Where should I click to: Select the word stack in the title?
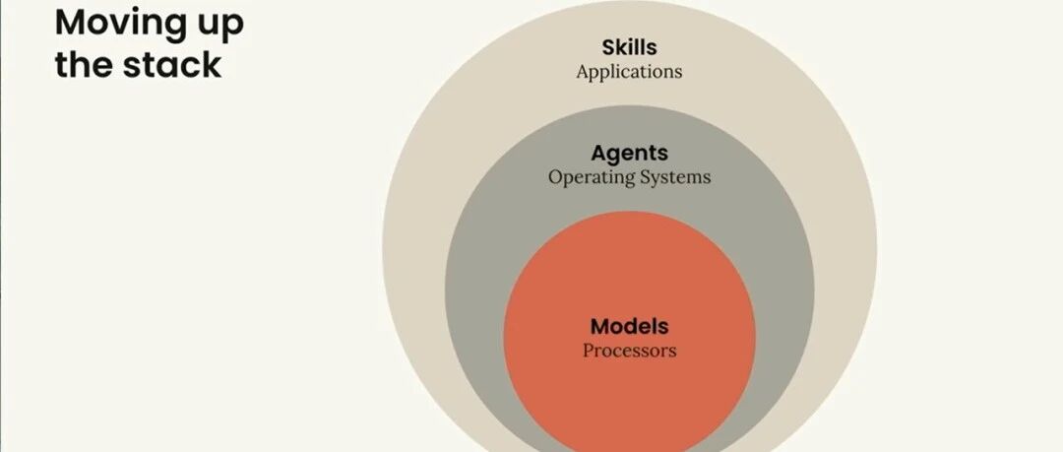[x=172, y=64]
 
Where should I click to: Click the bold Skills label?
[x=629, y=47]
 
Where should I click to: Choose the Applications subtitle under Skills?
[x=629, y=72]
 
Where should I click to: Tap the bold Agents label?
[x=629, y=154]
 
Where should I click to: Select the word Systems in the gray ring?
[x=675, y=177]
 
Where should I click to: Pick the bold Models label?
[x=629, y=327]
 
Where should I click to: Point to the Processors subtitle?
[x=629, y=351]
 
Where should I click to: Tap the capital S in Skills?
[x=609, y=47]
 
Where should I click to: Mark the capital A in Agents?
[x=599, y=153]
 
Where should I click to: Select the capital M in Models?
[x=600, y=327]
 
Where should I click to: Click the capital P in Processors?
[x=589, y=351]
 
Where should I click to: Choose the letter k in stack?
[x=213, y=64]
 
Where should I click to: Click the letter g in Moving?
[x=173, y=29]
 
